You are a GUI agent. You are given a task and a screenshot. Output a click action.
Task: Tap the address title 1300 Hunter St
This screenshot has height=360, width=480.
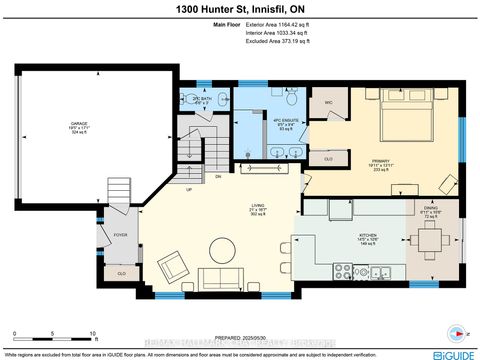click(x=239, y=9)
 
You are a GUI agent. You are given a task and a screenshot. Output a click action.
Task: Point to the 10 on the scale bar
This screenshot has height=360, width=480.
click(x=93, y=334)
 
